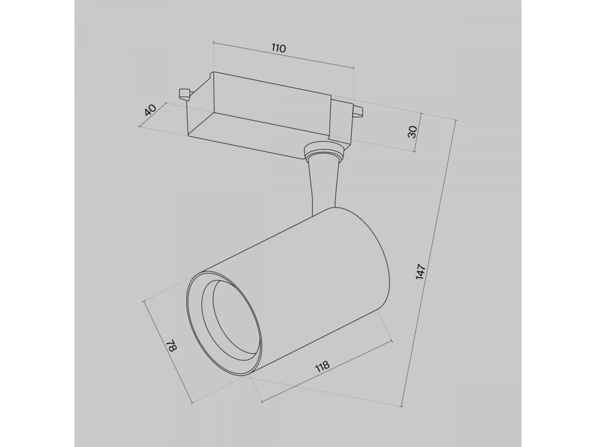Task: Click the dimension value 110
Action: [x=279, y=48]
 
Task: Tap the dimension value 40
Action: [x=150, y=110]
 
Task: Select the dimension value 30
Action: [x=412, y=132]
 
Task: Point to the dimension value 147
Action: [x=421, y=271]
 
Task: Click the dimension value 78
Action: [x=172, y=345]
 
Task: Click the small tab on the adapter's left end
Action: [x=184, y=94]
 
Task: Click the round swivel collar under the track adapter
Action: [x=324, y=150]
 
